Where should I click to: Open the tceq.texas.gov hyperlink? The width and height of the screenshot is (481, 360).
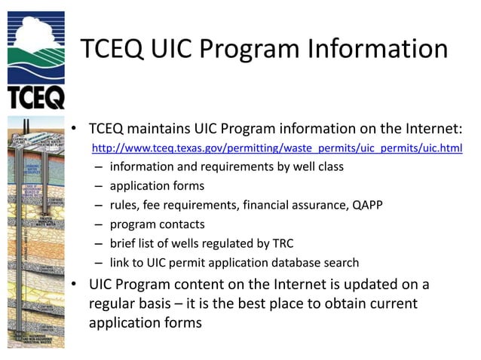click(x=277, y=148)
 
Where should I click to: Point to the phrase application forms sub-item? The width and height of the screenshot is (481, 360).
click(x=157, y=185)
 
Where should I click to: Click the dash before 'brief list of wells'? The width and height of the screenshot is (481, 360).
click(x=100, y=243)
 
